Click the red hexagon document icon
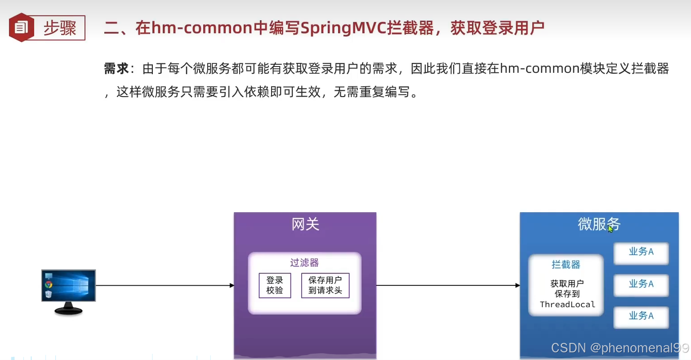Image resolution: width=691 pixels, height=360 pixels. point(21,27)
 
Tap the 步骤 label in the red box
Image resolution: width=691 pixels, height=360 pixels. point(60,28)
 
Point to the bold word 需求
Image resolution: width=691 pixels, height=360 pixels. point(116,68)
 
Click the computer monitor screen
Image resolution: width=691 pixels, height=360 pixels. point(68,285)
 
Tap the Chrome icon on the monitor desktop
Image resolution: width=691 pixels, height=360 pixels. point(49,284)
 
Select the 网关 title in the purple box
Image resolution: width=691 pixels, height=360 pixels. point(305,224)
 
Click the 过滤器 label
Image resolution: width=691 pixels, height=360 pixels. point(304,262)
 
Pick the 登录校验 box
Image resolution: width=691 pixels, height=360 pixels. point(275,285)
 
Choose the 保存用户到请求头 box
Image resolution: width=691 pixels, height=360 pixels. point(325,285)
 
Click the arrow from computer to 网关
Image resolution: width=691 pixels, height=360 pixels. point(165,285)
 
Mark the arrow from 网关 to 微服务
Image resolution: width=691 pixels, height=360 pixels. point(448,285)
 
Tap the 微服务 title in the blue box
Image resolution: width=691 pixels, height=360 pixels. point(598,223)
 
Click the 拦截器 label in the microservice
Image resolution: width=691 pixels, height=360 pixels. point(566,265)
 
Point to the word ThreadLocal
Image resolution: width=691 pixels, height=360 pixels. point(567,305)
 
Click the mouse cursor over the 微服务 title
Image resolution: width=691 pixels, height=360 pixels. point(610,229)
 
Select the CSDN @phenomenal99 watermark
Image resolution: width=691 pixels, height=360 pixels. point(620,348)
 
